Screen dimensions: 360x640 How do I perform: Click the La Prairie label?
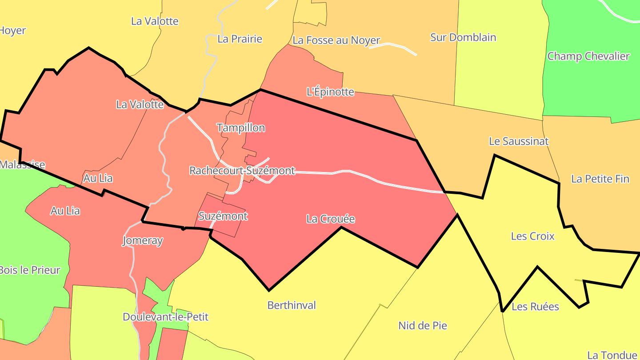point(240,39)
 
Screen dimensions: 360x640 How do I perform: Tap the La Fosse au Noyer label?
point(336,40)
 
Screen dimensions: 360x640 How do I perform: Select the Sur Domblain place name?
point(463,37)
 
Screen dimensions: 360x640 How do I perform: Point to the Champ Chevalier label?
point(588,56)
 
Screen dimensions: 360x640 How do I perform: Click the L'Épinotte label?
point(331,92)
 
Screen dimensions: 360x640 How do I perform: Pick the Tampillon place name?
point(241,128)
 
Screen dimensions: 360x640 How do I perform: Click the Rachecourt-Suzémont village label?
point(242,171)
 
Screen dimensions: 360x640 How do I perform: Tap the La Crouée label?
point(331,219)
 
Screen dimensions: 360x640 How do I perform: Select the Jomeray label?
point(142,241)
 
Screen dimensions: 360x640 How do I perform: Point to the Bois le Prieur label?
point(29,270)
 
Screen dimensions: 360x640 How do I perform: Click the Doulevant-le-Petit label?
point(165,317)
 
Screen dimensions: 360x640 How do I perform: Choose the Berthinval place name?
point(292,305)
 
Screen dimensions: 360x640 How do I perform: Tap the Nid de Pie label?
point(423,326)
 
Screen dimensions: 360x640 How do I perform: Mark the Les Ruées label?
point(535,307)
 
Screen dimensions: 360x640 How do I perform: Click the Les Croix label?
point(533,236)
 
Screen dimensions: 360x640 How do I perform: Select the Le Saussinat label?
point(519,141)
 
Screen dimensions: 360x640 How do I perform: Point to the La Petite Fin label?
point(600,179)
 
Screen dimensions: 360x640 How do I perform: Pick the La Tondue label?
point(612,355)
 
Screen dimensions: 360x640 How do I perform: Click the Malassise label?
point(22,165)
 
